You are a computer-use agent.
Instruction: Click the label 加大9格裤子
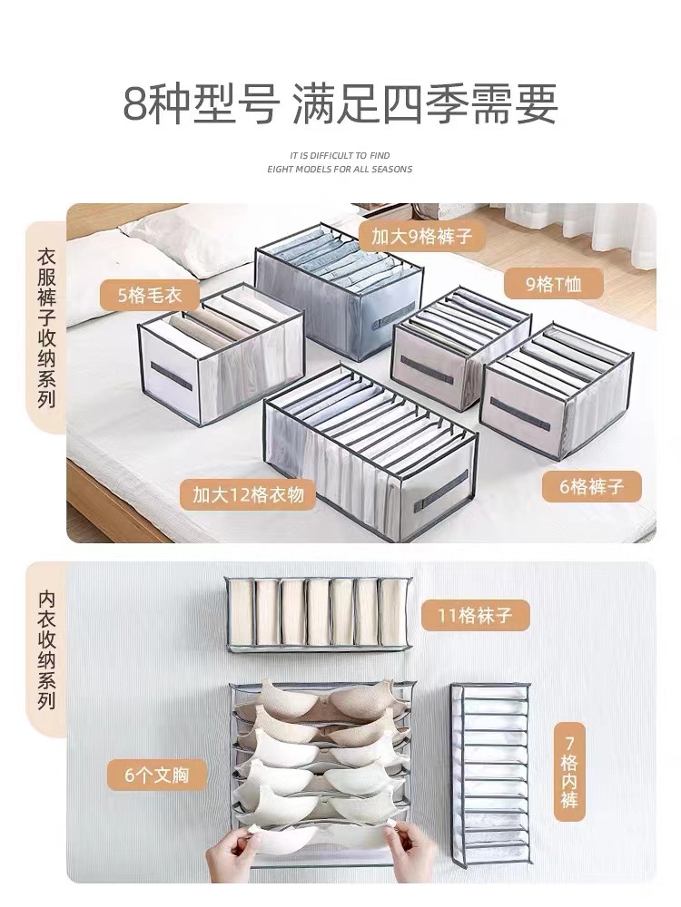(421, 238)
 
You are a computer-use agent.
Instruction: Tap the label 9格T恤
(554, 285)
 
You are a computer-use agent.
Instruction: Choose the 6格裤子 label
(592, 486)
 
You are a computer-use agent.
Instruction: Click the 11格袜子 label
(475, 616)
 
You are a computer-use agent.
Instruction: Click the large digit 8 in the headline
(133, 105)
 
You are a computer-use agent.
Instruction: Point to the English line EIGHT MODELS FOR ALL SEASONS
(340, 169)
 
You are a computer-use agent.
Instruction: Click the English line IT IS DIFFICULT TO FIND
(340, 156)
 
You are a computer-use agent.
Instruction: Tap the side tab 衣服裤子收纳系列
(45, 327)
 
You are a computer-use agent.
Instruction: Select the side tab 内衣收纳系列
(45, 649)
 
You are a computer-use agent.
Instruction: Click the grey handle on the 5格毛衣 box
(171, 375)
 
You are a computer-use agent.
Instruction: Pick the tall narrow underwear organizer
(491, 775)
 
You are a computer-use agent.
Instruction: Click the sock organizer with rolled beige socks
(318, 614)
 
